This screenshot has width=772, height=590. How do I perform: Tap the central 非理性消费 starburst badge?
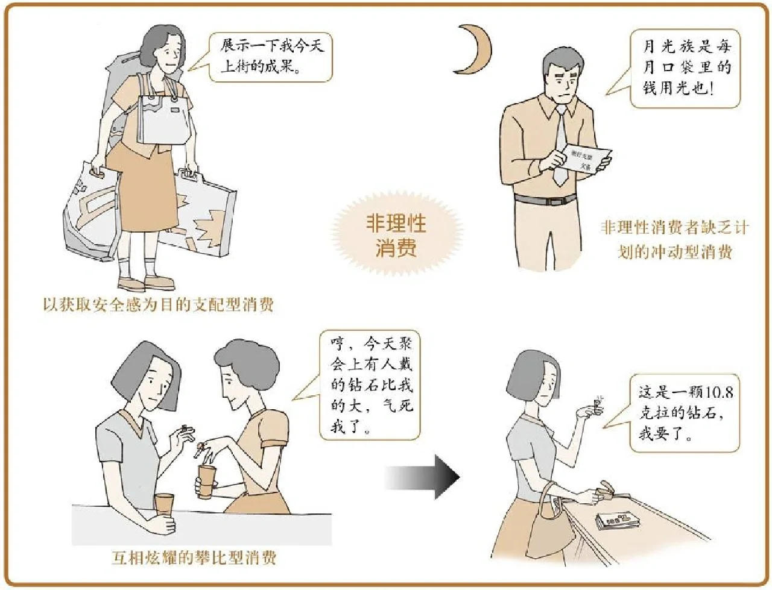pos(396,236)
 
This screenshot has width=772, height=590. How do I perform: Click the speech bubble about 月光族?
pos(685,68)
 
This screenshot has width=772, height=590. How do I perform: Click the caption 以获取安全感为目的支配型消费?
pos(158,304)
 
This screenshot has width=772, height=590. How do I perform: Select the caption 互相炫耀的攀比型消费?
pos(194,557)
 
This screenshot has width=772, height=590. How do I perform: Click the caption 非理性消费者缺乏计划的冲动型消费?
pos(674,239)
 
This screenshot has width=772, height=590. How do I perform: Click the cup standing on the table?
pos(164,505)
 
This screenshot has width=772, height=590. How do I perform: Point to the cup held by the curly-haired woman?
pos(206,480)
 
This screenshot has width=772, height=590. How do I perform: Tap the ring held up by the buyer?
pos(598,403)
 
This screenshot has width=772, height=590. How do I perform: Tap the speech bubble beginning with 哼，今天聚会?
pos(369,384)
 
